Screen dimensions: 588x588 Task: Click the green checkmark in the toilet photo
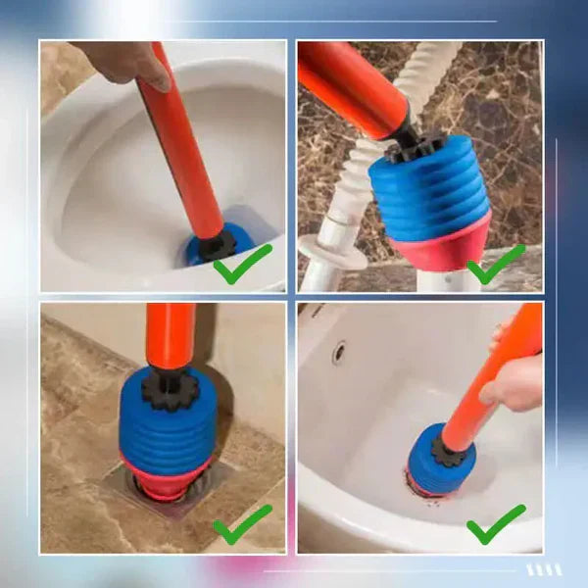tap(242, 265)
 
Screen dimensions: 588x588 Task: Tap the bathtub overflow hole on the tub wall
tap(338, 352)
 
